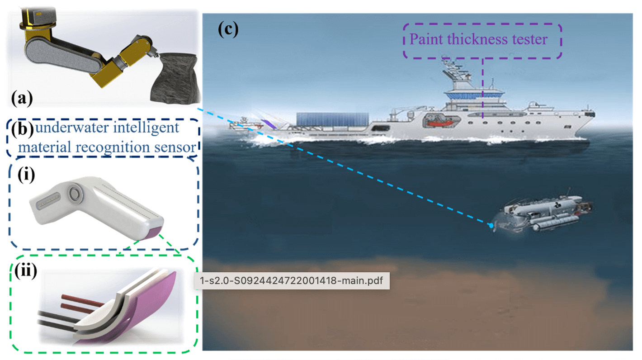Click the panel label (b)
coord(21,130)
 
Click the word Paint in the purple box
coord(426,39)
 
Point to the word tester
coord(528,39)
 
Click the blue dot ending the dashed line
coord(491,225)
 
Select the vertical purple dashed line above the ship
coord(482,86)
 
